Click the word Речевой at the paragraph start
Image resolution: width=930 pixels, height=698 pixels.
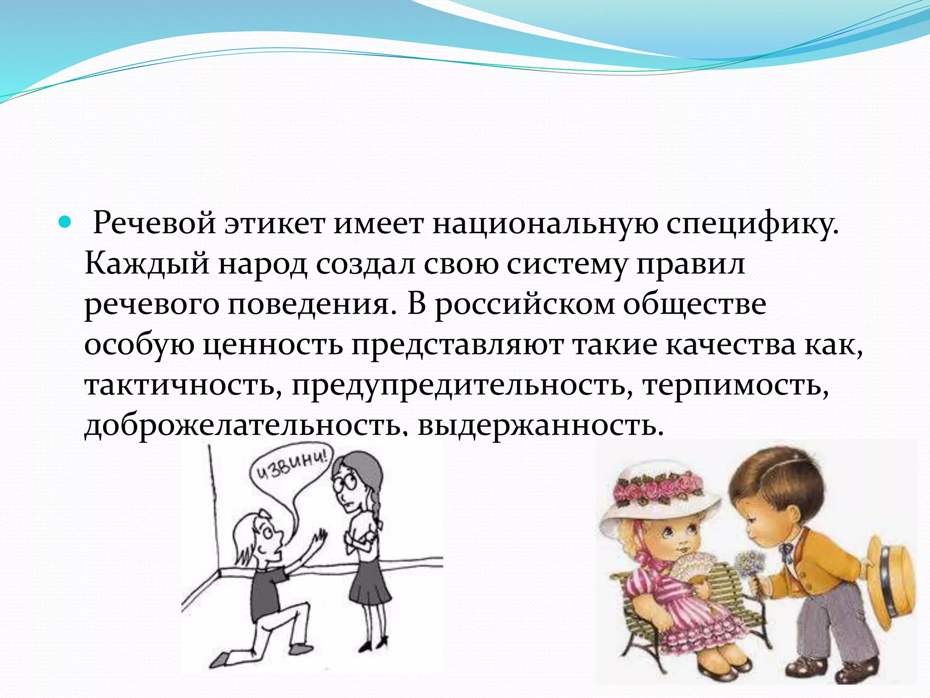pyautogui.click(x=154, y=224)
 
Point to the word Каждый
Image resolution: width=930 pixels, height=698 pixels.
pyautogui.click(x=147, y=264)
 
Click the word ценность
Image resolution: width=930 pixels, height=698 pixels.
pyautogui.click(x=272, y=345)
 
